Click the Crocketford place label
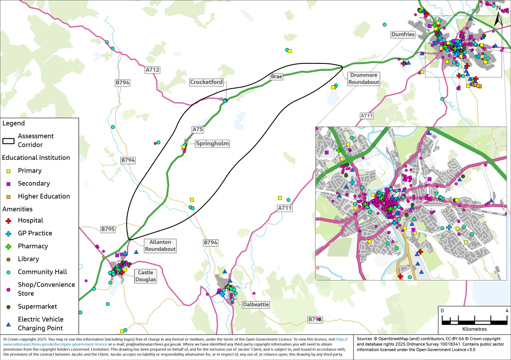pos(206,82)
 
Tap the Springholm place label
pos(212,144)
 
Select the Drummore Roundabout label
pos(363,79)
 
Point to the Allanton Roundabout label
pos(160,245)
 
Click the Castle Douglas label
pos(145,276)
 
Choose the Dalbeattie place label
pos(255,304)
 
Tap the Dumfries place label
pos(403,35)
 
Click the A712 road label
pos(152,70)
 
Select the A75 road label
pos(198,129)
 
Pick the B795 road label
pos(108,229)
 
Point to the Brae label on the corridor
pos(276,77)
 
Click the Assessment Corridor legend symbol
pos(8,140)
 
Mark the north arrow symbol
pos(498,16)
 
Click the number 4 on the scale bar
pos(506,310)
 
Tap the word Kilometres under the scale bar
pos(474,329)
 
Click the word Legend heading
pos(14,123)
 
